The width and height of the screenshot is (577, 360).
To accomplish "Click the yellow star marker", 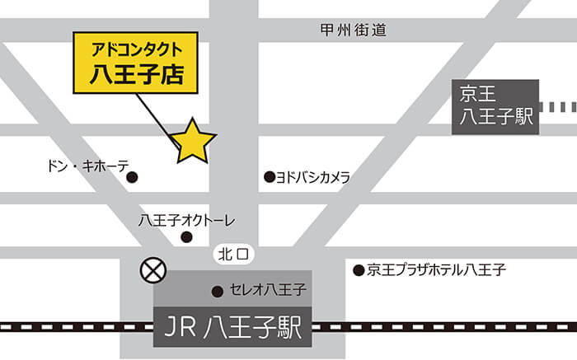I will [193, 142].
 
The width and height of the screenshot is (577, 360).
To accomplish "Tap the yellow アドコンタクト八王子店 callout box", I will [137, 63].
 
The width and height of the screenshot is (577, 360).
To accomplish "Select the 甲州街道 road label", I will [353, 30].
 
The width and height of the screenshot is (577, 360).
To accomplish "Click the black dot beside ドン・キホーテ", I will [132, 177].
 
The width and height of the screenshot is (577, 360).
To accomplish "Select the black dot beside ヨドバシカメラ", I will [269, 176].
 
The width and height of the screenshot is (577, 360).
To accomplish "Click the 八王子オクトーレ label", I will [187, 220].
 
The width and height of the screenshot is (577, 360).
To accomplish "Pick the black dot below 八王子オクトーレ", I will [186, 237].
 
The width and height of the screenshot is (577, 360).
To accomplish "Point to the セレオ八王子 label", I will [269, 290].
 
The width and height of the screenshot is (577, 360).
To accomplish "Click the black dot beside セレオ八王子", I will [218, 291].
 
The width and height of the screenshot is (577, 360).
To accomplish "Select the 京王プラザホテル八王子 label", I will [436, 269].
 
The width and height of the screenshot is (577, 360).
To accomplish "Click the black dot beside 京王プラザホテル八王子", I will [359, 269].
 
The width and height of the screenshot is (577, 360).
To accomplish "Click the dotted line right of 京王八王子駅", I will [562, 106].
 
